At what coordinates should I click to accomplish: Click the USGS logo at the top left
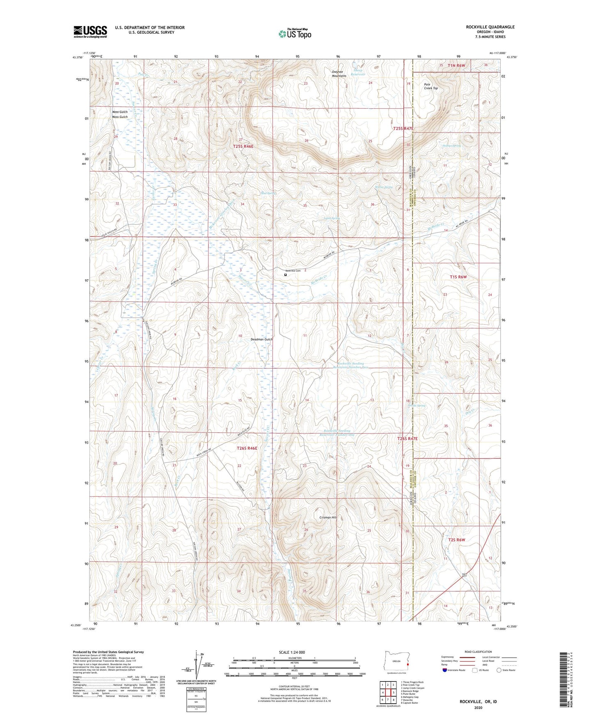(x=90, y=32)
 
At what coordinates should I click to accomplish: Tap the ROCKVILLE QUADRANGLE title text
(x=490, y=27)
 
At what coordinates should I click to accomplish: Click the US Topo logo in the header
(x=294, y=34)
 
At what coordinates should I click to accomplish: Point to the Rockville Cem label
(x=293, y=271)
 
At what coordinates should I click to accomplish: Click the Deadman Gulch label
(x=261, y=340)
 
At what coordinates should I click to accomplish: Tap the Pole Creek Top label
(x=431, y=87)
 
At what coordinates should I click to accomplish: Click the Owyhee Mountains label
(x=339, y=74)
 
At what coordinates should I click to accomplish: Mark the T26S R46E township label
(x=247, y=449)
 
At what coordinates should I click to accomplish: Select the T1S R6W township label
(x=458, y=277)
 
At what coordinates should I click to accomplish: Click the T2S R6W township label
(x=456, y=540)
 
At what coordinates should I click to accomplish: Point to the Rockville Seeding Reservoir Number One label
(x=339, y=433)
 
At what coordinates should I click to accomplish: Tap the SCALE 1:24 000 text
(x=292, y=652)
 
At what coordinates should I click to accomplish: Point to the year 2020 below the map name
(x=478, y=707)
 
